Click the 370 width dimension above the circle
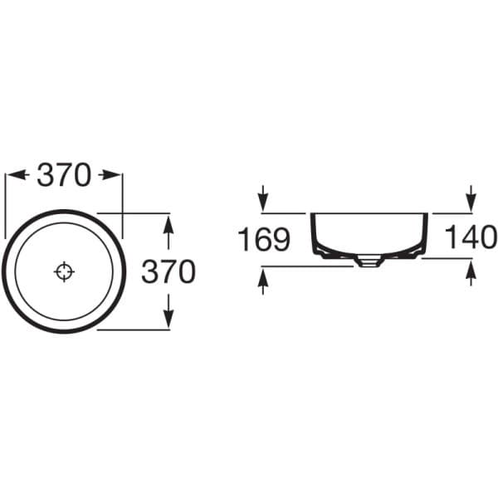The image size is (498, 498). click(x=64, y=175)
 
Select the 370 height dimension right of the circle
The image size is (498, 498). click(x=168, y=271)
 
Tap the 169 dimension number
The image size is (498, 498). click(x=264, y=241)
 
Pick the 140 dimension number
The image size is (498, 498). click(x=470, y=237)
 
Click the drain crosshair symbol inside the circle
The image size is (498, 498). click(x=64, y=271)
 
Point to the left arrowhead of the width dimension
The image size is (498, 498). click(x=12, y=175)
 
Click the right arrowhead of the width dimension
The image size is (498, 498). click(x=115, y=175)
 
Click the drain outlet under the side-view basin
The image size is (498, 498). click(x=369, y=261)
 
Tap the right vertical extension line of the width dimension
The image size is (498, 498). click(x=123, y=199)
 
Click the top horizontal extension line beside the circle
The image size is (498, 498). click(x=137, y=212)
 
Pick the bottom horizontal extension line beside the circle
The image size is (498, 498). click(x=137, y=330)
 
